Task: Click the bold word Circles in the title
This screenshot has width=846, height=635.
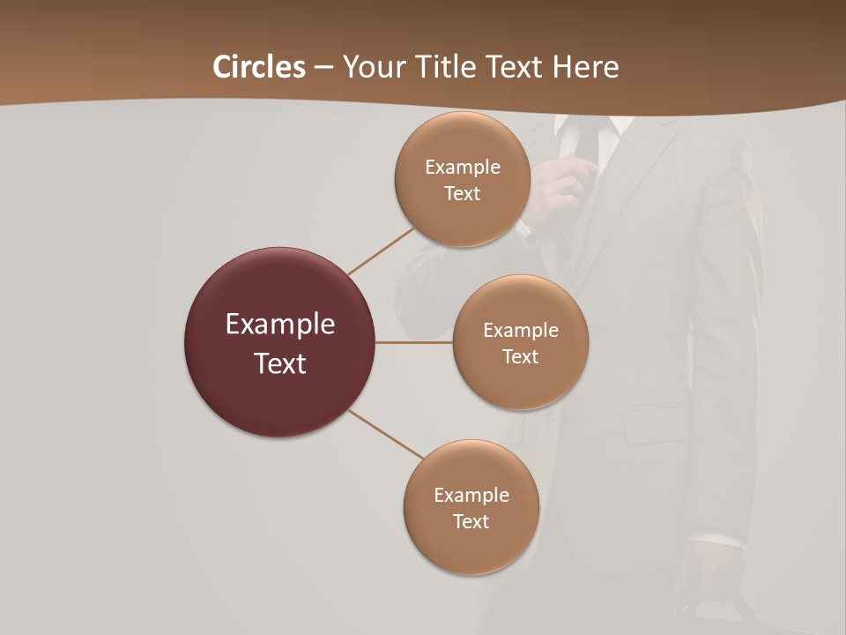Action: pyautogui.click(x=258, y=67)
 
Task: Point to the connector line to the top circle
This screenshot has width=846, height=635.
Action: pyautogui.click(x=381, y=250)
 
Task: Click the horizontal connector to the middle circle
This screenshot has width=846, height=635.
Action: pyautogui.click(x=413, y=342)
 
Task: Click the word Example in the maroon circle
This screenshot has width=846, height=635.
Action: pyautogui.click(x=280, y=325)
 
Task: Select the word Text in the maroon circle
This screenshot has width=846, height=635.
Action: pyautogui.click(x=280, y=363)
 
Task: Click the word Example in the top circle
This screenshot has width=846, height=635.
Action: pyautogui.click(x=462, y=167)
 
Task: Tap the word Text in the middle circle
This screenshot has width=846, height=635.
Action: pyautogui.click(x=520, y=356)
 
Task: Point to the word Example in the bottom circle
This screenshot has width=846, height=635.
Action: pyautogui.click(x=471, y=495)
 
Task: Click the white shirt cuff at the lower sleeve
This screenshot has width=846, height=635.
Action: pyautogui.click(x=716, y=541)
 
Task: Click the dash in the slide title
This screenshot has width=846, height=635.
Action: pyautogui.click(x=323, y=68)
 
